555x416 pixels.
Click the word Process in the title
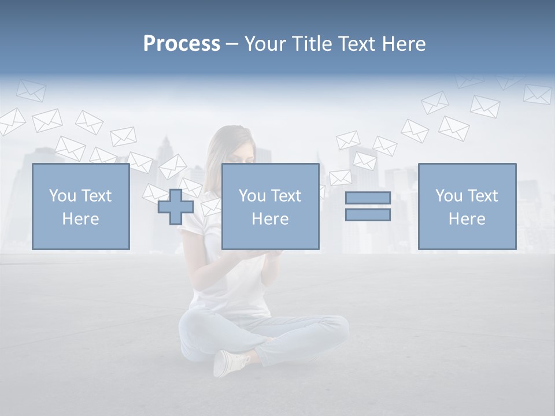182,44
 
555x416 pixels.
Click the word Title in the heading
313,44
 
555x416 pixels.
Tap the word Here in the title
402,44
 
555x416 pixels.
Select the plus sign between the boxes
176,207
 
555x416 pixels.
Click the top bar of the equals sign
368,198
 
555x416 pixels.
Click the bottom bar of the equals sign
368,214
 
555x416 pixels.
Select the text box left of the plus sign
80,206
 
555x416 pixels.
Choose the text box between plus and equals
270,206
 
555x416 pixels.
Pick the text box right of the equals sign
467,206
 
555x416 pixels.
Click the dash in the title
232,44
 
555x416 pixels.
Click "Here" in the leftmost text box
80,219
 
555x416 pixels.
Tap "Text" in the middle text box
286,196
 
